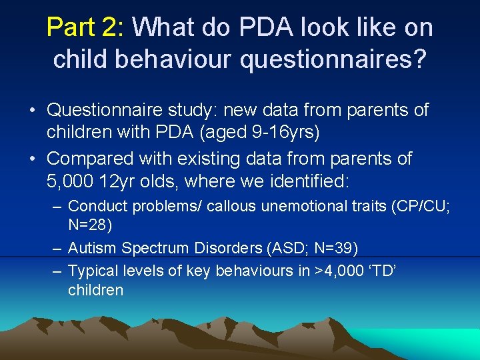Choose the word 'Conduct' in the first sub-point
pos(96,207)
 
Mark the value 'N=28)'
pos(90,225)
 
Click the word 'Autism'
pos(91,249)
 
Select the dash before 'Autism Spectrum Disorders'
pos(58,249)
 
